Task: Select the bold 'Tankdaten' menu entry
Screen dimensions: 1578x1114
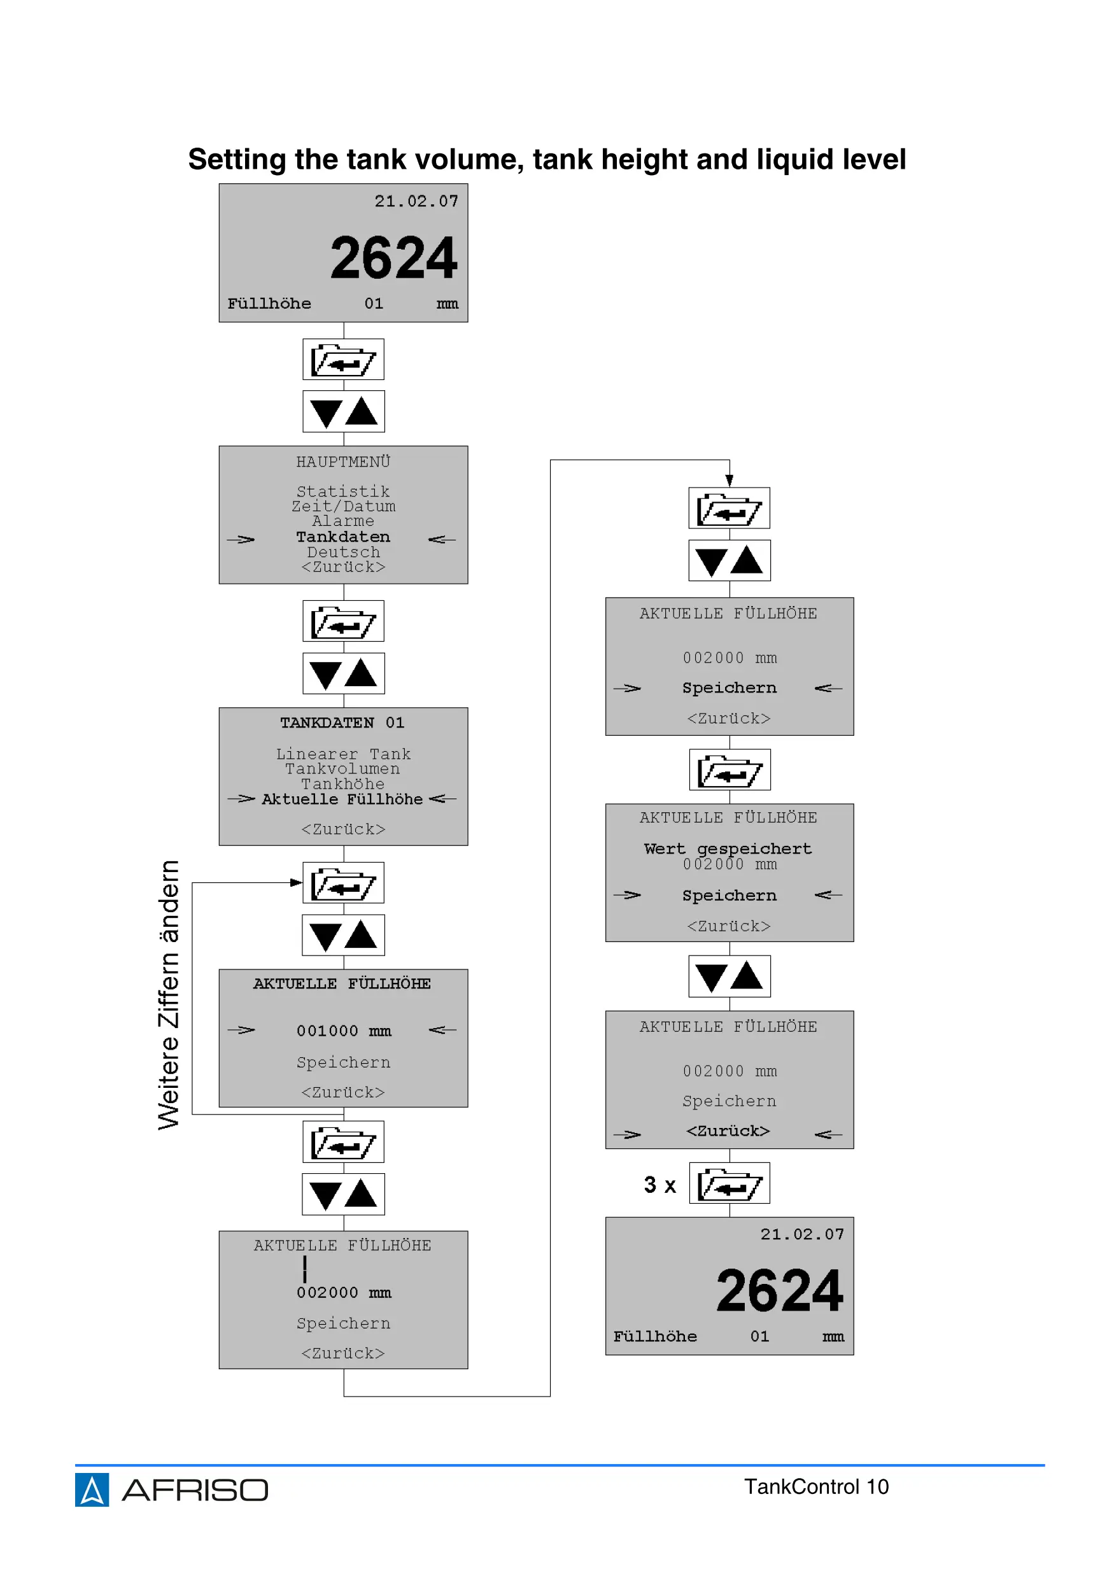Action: [343, 537]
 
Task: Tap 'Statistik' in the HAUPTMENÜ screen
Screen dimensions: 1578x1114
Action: [343, 491]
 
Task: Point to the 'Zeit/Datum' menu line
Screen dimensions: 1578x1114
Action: [343, 507]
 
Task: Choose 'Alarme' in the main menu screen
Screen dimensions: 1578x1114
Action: [343, 521]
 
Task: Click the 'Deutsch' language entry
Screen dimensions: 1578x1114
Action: [343, 552]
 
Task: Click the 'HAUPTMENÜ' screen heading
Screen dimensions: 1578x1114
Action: [343, 462]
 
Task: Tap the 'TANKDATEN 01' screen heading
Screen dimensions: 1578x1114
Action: [342, 723]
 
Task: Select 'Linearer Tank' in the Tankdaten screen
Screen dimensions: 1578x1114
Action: [343, 754]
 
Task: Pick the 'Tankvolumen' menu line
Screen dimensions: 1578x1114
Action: [342, 769]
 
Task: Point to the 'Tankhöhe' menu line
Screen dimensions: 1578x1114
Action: [342, 784]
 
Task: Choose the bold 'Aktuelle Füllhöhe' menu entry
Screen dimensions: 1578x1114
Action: [342, 800]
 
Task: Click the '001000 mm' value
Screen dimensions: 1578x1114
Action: [344, 1031]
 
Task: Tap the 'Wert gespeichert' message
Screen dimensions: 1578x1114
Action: [728, 849]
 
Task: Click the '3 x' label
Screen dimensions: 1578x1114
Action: [659, 1185]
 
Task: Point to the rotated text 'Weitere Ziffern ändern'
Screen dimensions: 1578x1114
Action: [168, 994]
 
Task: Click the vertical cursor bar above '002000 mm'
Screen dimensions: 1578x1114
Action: [304, 1269]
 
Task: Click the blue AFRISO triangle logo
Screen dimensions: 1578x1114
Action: [92, 1490]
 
